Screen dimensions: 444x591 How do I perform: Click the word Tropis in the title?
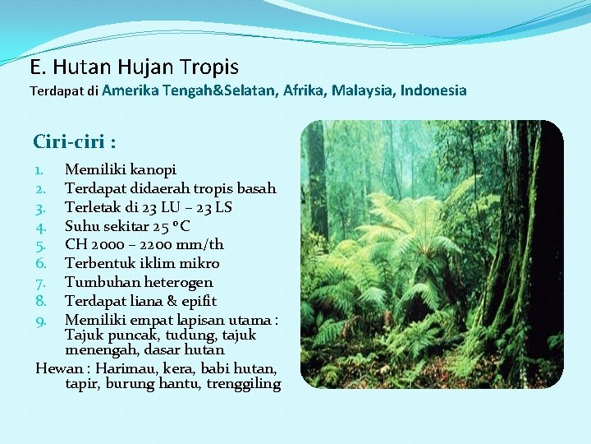coord(208,67)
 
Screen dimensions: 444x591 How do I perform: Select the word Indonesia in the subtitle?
coord(433,90)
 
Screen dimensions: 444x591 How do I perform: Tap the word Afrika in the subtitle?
coord(305,90)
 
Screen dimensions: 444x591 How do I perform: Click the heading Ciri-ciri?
coord(74,141)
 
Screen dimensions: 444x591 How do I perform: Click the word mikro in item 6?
coord(201,263)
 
